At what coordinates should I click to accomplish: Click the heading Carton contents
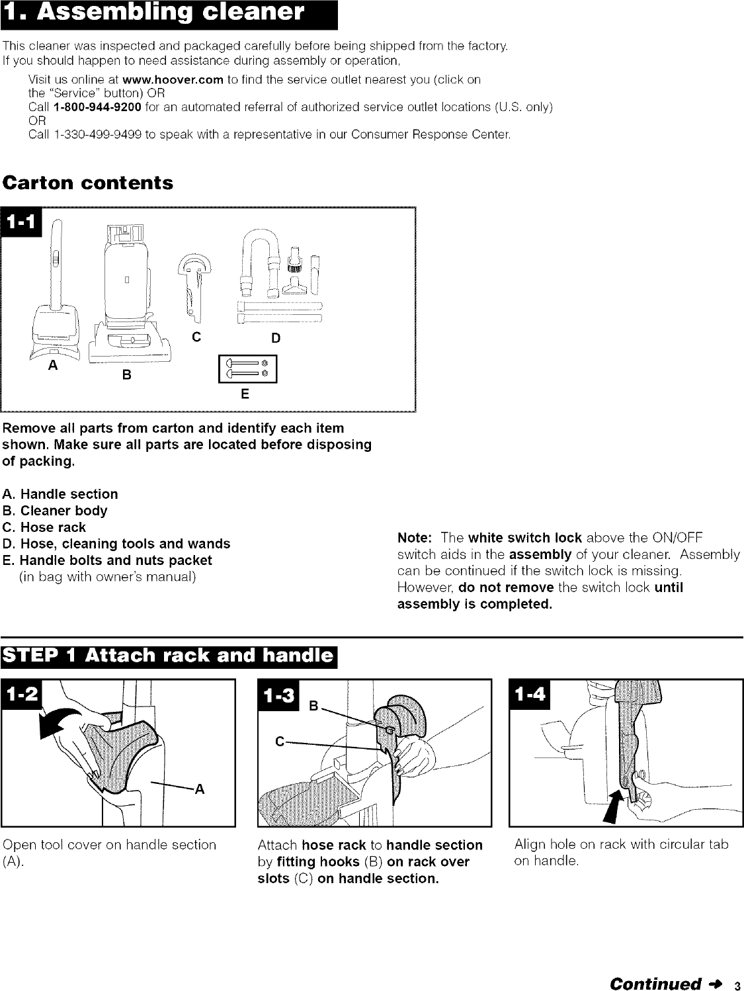click(x=88, y=183)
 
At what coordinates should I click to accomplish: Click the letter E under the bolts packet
click(x=244, y=395)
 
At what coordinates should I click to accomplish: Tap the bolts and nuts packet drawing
click(x=247, y=369)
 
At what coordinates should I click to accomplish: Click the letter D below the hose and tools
click(x=276, y=338)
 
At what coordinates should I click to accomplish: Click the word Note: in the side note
click(x=415, y=537)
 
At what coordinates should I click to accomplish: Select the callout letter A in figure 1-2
click(x=199, y=789)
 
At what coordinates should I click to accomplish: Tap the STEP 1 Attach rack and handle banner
click(x=169, y=656)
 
